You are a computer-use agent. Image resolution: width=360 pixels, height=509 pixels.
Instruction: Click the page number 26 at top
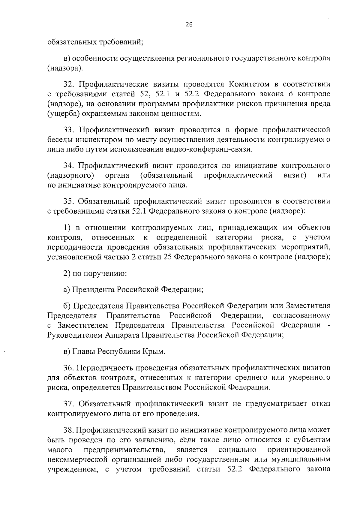tap(189, 25)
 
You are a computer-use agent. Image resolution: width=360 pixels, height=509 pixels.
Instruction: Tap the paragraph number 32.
tap(68, 84)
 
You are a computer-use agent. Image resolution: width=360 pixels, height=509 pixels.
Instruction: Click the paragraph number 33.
tap(68, 130)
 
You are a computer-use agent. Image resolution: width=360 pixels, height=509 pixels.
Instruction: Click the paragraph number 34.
tap(68, 165)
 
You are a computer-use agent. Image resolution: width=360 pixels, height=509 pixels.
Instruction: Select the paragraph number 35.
tap(68, 201)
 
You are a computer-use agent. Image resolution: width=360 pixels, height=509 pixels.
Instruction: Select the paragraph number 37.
tap(68, 404)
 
